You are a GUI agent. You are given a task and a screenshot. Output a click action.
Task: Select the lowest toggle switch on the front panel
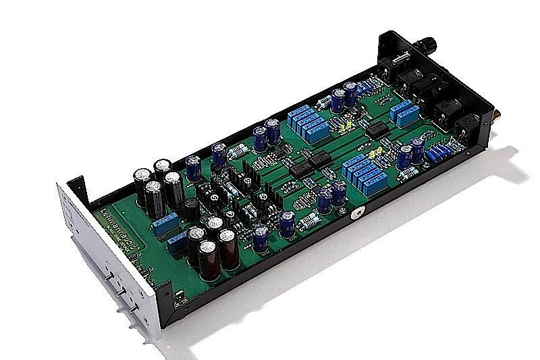coord(134,308)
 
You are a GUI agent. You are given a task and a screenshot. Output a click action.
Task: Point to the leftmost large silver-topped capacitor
coord(144,178)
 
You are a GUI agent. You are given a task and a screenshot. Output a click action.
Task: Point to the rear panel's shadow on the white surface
coord(500,169)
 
